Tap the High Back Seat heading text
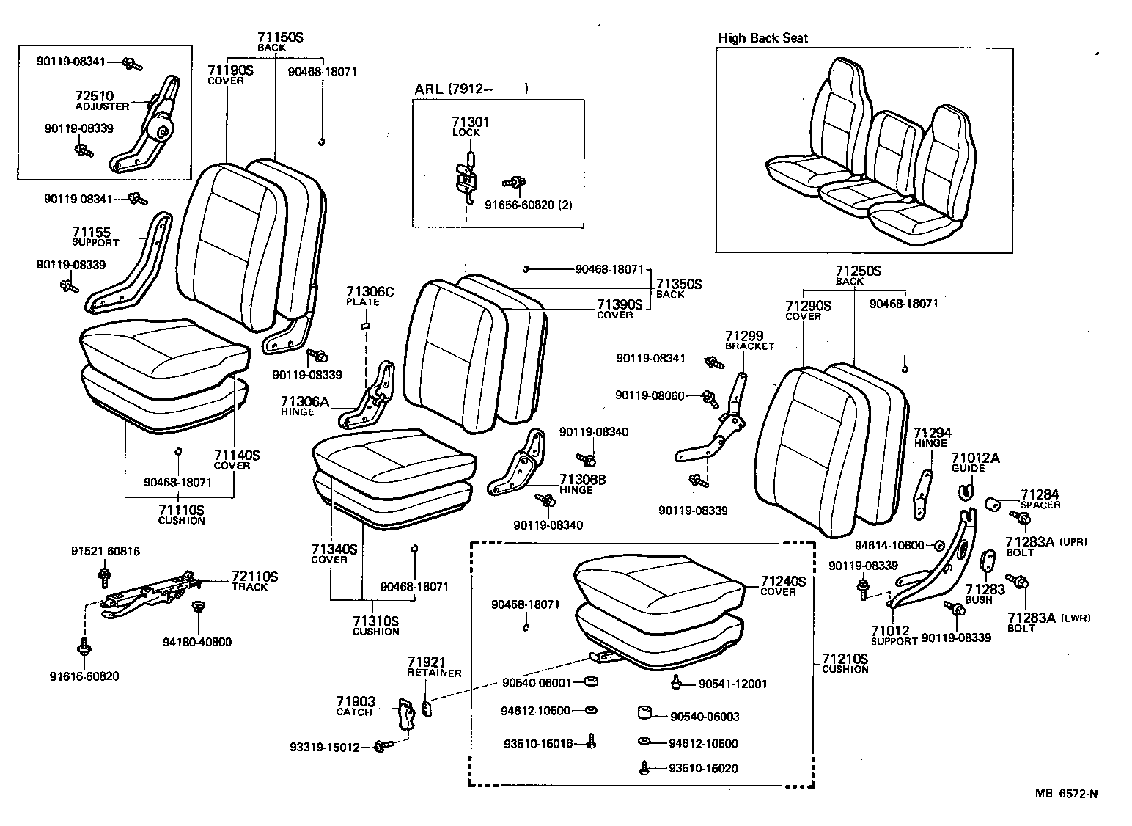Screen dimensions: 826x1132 click(762, 38)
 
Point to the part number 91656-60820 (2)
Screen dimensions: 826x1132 click(528, 205)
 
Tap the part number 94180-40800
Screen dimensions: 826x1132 click(196, 642)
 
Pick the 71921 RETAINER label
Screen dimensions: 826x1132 click(434, 666)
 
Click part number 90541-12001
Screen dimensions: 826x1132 click(732, 684)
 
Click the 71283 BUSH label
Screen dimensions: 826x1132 click(979, 593)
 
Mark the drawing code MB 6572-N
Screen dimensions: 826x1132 click(1067, 793)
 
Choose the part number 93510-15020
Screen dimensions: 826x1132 click(702, 769)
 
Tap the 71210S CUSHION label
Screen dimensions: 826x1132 click(845, 663)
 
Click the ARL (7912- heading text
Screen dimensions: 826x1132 click(449, 89)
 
